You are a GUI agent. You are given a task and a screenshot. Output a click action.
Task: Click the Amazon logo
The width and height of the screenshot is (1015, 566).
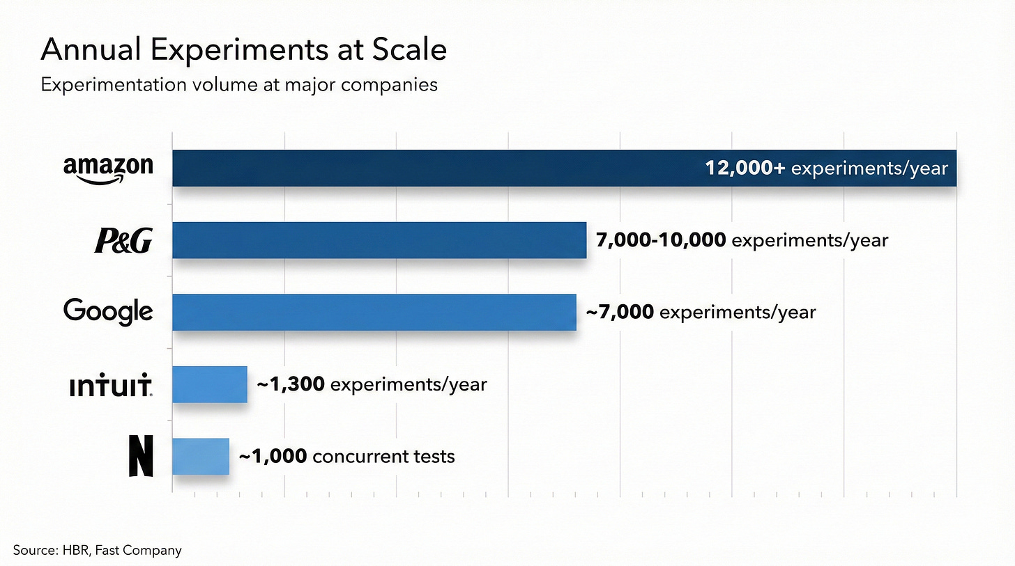[108, 168]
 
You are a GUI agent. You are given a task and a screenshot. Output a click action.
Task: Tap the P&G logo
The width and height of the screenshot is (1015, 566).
[123, 241]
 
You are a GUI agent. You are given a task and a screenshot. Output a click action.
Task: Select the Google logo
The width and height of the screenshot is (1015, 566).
[108, 311]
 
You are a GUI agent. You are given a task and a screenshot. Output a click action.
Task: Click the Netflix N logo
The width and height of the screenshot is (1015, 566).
[141, 457]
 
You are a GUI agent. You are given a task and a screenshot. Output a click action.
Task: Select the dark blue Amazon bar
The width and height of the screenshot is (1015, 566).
[432, 168]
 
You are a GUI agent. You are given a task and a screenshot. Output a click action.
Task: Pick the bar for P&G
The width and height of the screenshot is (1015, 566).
[379, 240]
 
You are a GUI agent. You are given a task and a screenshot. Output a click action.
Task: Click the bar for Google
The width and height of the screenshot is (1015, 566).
[374, 312]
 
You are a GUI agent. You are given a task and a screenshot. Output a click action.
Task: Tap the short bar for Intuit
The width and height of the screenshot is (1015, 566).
[209, 384]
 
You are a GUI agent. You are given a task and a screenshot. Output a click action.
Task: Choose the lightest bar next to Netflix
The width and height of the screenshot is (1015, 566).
[200, 457]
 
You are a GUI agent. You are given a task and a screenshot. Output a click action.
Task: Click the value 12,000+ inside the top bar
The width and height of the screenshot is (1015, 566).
[745, 168]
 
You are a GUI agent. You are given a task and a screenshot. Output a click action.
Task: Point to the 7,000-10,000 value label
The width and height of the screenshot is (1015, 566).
[661, 241]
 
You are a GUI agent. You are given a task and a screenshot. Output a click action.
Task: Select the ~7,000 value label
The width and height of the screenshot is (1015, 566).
[620, 313]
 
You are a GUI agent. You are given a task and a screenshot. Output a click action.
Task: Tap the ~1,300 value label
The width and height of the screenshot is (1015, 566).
[291, 384]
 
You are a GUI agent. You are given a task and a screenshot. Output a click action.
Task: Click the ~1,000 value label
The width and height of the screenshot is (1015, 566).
[273, 457]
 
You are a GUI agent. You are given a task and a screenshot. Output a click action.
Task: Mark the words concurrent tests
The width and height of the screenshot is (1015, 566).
[383, 457]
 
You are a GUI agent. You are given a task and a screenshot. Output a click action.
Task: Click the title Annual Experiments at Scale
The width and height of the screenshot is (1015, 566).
[244, 51]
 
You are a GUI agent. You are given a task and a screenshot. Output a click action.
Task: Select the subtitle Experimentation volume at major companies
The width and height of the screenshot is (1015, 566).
[239, 85]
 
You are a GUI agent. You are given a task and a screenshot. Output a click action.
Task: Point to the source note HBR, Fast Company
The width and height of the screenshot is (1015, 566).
[97, 550]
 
